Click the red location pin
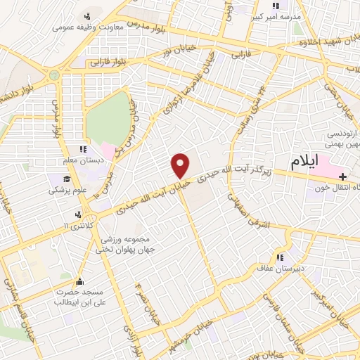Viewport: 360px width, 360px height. [181, 165]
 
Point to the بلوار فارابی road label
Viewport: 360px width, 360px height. [109, 62]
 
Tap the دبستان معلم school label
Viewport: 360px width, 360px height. [82, 161]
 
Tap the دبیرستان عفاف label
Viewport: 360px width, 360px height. [290, 266]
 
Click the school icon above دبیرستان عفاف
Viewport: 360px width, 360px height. [281, 256]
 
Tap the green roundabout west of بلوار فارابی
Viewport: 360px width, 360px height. [53, 74]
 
